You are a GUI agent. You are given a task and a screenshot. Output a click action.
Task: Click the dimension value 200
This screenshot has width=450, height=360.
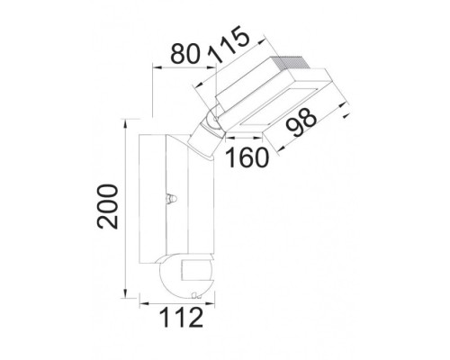(x=108, y=207)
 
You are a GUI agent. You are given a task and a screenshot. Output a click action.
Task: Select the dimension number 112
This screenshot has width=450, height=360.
(x=181, y=318)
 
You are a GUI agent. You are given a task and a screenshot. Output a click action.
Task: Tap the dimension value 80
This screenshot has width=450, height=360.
(x=185, y=54)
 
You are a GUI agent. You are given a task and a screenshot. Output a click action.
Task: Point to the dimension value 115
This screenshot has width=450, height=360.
(x=229, y=44)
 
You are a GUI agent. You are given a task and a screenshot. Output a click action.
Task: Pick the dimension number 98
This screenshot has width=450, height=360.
(x=301, y=122)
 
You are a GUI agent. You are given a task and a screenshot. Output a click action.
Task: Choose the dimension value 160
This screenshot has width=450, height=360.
(x=247, y=157)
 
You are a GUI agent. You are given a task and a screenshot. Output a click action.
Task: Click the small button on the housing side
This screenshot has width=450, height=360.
(x=172, y=198)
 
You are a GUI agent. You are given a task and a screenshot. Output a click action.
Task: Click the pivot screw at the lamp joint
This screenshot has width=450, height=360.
(x=214, y=119)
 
